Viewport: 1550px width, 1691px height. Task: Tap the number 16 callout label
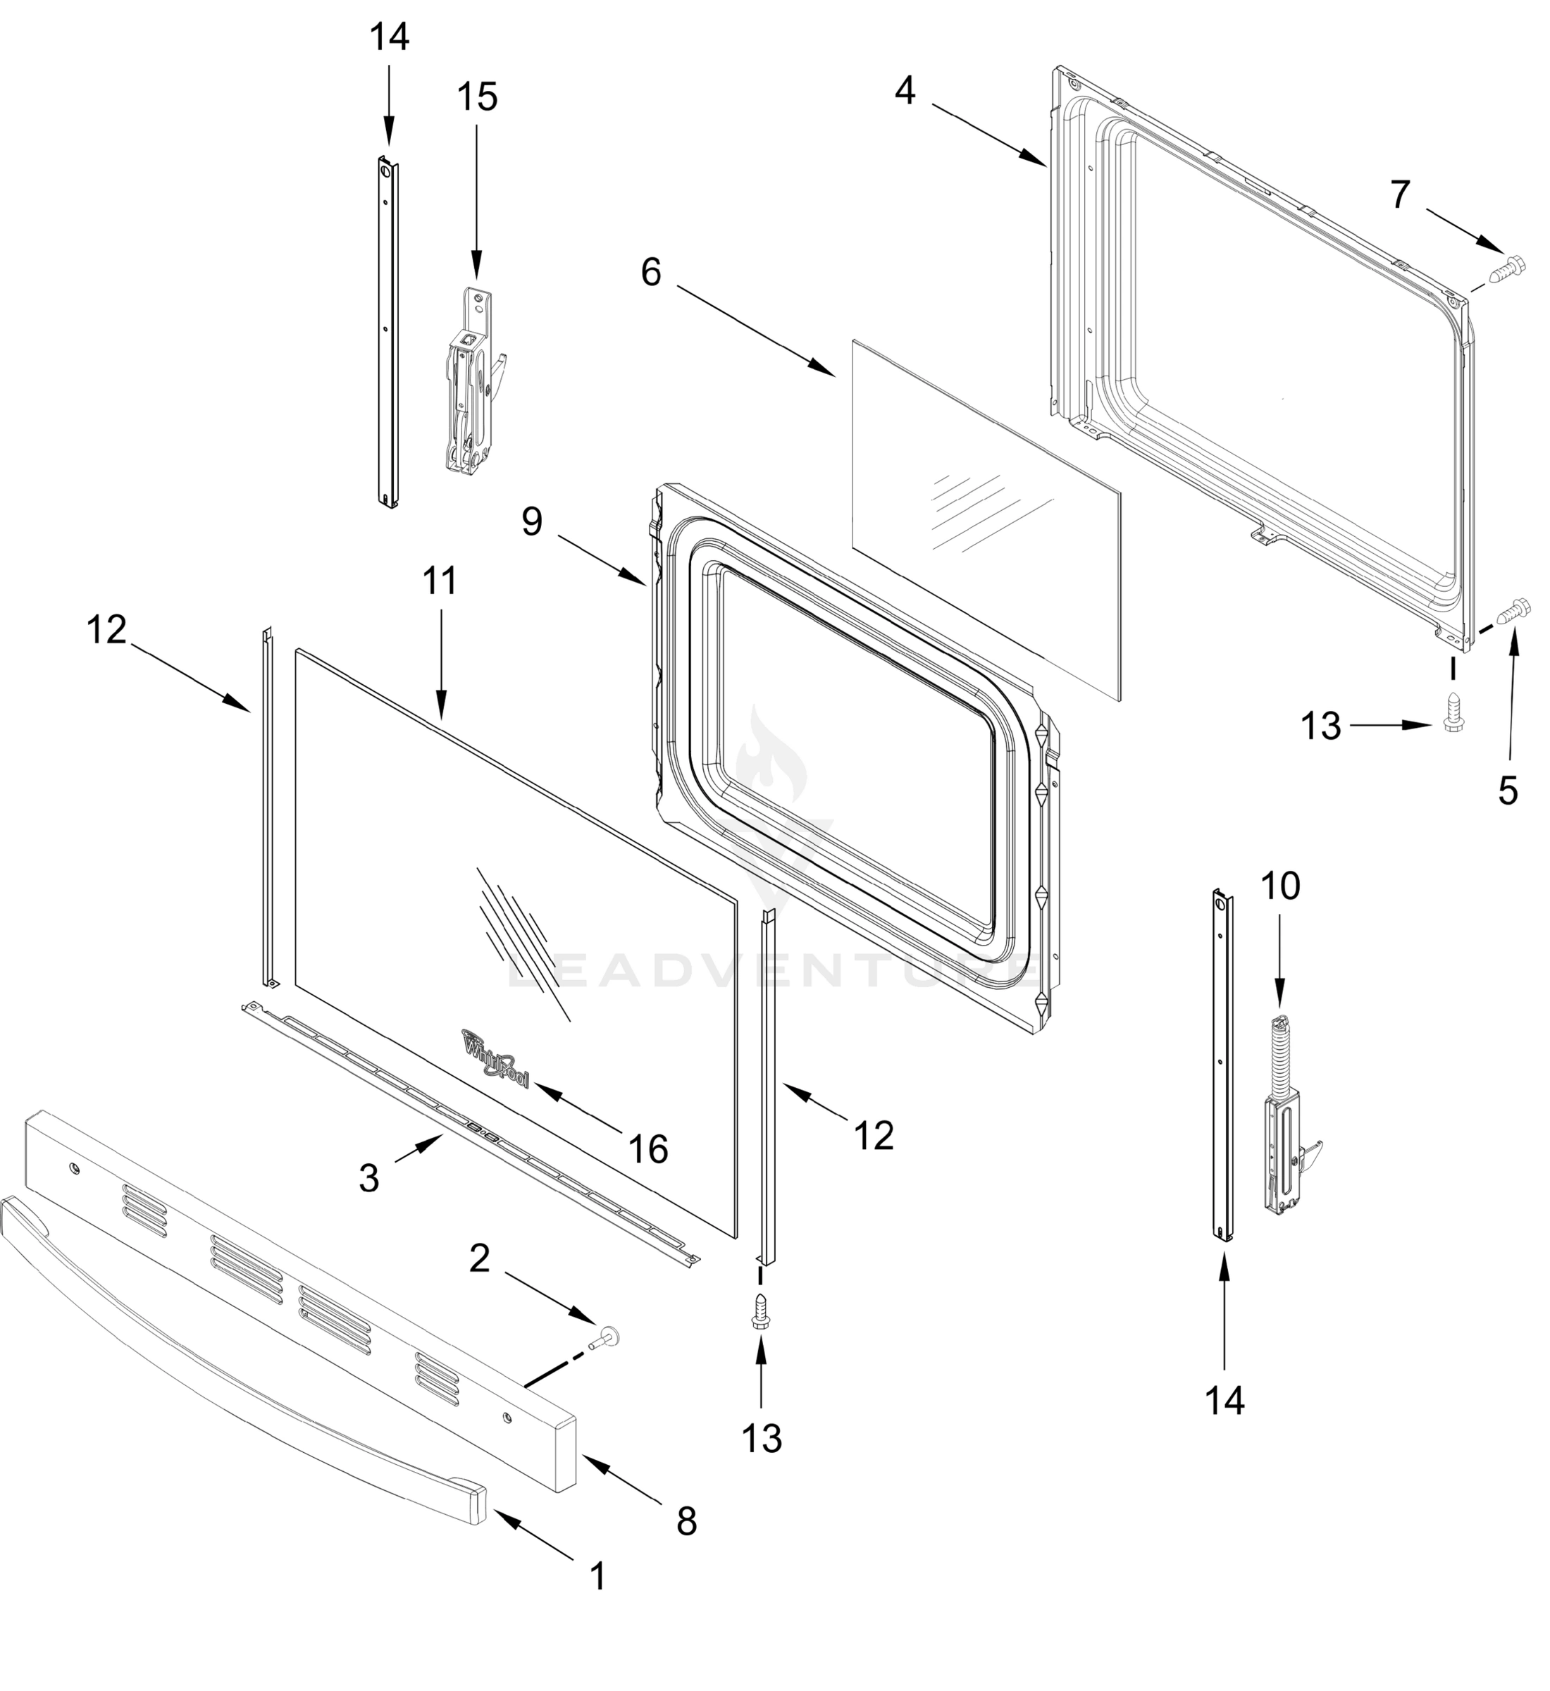648,1149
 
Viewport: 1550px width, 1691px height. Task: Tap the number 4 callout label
904,91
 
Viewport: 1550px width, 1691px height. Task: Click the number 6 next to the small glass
651,272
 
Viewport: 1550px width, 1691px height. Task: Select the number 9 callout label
532,521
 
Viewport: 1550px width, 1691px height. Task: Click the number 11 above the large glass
440,581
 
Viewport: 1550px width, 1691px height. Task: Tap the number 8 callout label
686,1520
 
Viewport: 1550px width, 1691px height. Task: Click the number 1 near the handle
597,1576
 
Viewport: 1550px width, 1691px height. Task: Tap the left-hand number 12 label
106,629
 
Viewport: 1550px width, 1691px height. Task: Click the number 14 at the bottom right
1224,1400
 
